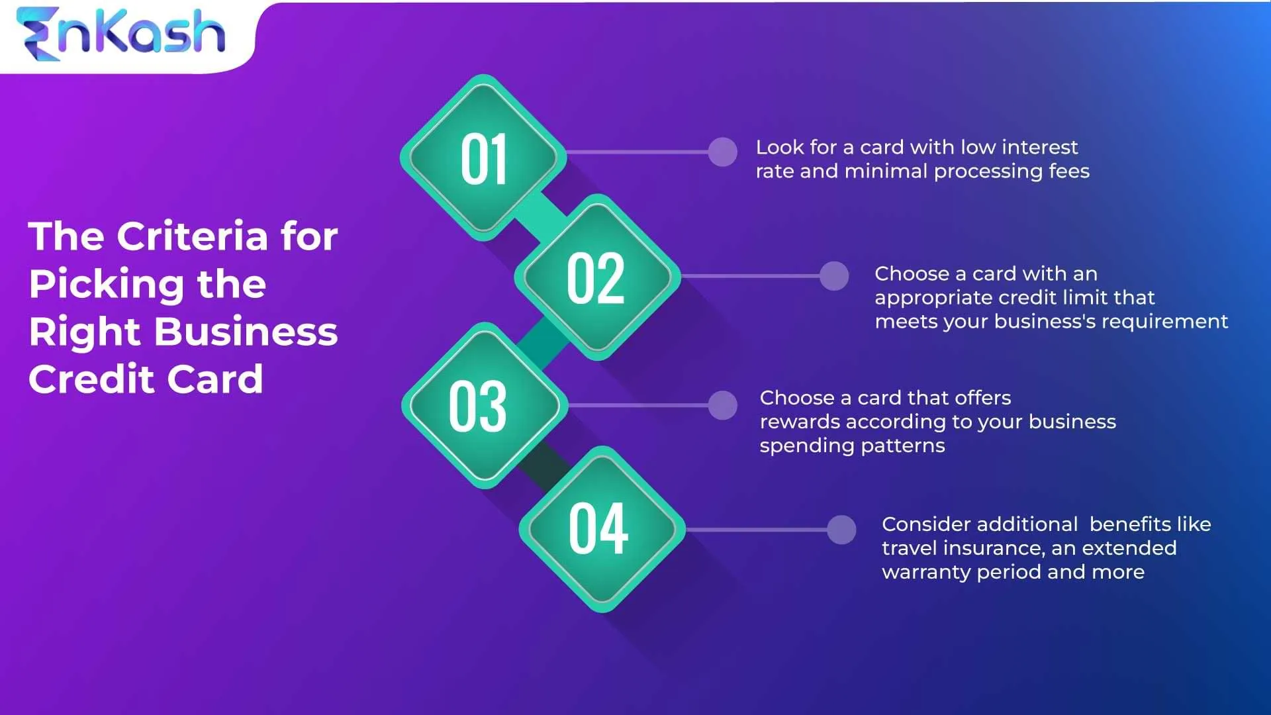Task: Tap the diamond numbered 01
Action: point(483,158)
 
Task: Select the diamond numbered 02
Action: point(597,277)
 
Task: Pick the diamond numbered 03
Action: point(483,405)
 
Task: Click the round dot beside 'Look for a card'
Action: point(722,152)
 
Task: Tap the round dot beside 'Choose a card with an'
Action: point(834,276)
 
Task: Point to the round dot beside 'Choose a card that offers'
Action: point(722,405)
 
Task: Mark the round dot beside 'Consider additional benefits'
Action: point(841,530)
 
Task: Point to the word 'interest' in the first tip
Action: point(1040,147)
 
